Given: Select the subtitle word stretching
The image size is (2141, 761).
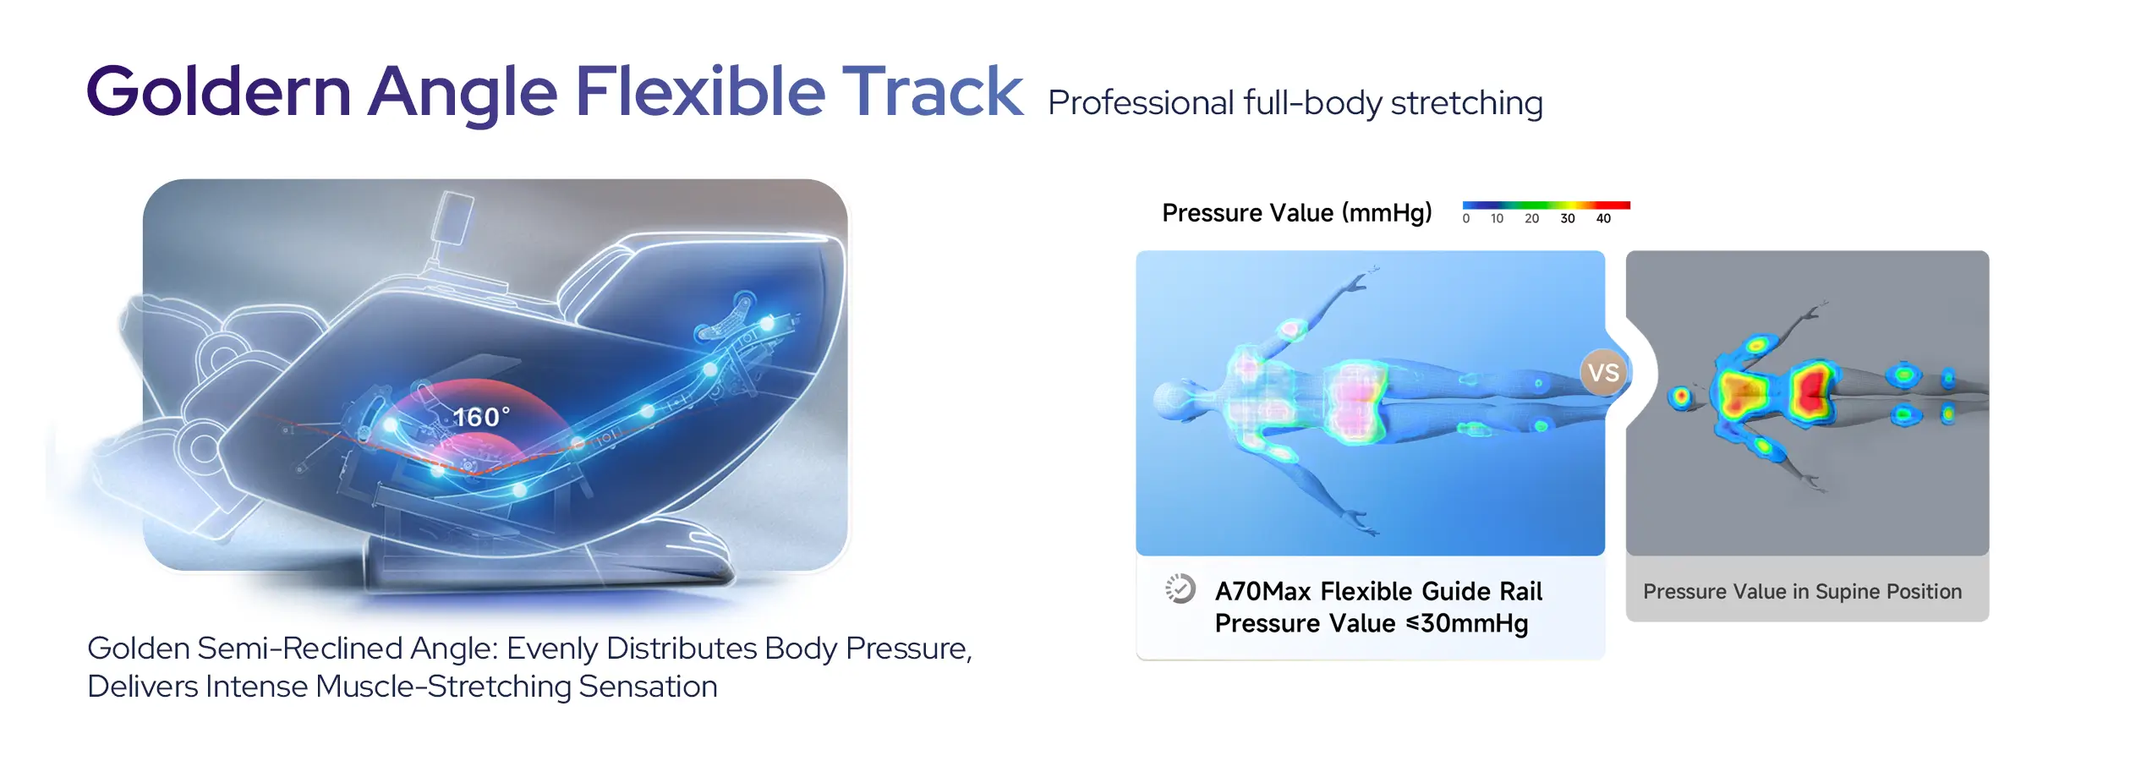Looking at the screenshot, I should click(x=1466, y=103).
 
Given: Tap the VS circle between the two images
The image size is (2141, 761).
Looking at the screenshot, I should click(x=1603, y=372).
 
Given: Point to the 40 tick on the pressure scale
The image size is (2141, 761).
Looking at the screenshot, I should click(x=1603, y=218).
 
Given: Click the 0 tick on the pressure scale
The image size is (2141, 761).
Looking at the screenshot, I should click(x=1466, y=218).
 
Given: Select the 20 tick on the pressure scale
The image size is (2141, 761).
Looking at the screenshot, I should click(x=1531, y=218).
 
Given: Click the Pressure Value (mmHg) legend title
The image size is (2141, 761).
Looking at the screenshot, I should click(x=1296, y=212).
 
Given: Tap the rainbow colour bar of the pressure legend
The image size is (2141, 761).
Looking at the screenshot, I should click(x=1546, y=205).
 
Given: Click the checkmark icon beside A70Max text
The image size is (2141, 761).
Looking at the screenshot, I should click(x=1180, y=589).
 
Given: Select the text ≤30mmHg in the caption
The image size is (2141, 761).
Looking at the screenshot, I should click(x=1466, y=624).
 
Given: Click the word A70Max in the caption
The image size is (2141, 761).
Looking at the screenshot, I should click(x=1262, y=591).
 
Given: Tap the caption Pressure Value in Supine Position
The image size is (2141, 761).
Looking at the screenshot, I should click(x=1802, y=591).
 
